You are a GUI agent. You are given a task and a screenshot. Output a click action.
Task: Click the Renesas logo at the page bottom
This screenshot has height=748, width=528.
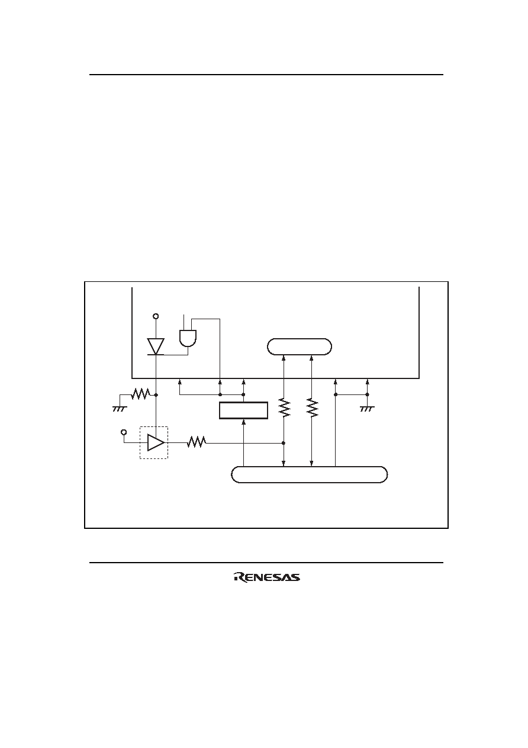click(x=267, y=577)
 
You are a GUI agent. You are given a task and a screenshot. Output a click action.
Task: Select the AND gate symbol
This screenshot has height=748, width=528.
click(x=188, y=338)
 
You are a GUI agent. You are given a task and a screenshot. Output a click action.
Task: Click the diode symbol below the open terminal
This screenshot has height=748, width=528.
click(x=156, y=346)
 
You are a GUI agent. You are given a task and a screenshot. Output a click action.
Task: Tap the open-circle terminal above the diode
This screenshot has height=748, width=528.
click(x=156, y=316)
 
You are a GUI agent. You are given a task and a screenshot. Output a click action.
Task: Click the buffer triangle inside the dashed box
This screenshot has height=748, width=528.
click(x=156, y=443)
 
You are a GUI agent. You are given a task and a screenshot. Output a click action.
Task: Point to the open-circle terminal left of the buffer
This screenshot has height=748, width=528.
click(x=124, y=432)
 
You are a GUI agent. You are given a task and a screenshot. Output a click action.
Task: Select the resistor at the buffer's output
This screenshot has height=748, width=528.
click(x=197, y=443)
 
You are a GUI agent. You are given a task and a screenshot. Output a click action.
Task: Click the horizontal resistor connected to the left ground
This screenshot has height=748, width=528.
click(x=140, y=394)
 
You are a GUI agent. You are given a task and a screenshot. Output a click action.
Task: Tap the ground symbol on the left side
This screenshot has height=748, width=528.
click(x=120, y=409)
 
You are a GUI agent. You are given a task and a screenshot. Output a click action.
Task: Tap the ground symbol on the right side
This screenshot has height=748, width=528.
click(x=367, y=409)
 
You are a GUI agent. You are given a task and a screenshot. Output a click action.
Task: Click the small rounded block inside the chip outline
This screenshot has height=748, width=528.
click(x=300, y=346)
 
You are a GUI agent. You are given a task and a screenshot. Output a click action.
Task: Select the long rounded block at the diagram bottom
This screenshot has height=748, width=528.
click(x=310, y=474)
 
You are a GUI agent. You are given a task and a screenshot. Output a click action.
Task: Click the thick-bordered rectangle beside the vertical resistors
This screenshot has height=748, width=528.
click(x=244, y=410)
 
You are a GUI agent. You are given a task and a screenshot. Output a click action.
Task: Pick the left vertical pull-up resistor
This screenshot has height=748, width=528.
click(x=284, y=407)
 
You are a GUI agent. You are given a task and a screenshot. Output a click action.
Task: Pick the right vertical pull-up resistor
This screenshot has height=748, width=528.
click(x=312, y=407)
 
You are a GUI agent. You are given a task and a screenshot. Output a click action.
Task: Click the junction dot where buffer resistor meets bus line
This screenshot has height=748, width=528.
click(x=284, y=443)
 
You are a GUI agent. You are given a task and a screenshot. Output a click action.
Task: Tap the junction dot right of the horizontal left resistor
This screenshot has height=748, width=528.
click(x=156, y=394)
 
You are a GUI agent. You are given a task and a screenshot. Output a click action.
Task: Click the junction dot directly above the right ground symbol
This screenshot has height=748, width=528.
click(x=367, y=394)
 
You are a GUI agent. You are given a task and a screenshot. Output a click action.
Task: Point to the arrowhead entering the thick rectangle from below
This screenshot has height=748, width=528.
click(x=244, y=422)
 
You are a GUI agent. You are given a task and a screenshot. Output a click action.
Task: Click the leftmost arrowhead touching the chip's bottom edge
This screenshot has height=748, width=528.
click(x=179, y=381)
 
